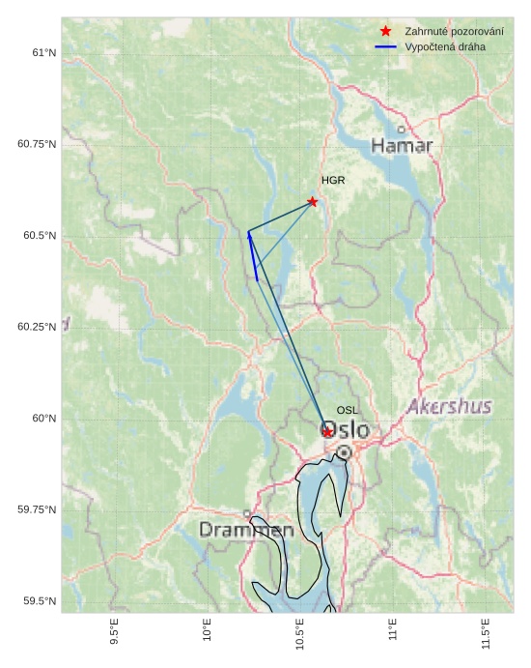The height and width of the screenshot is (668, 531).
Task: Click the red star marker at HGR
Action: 312,201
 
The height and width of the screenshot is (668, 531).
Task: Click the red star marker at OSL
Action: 328,431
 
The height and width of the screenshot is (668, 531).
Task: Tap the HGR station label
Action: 333,181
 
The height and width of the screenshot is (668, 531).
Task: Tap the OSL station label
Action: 348,411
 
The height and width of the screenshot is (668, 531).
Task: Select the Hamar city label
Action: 402,146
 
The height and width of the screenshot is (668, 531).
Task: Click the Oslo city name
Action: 345,429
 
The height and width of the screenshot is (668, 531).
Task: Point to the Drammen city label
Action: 246,531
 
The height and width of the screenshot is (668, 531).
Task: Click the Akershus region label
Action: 449,407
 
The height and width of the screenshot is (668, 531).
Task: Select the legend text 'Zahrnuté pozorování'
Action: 454,32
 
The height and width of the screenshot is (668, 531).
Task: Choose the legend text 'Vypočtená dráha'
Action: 445,46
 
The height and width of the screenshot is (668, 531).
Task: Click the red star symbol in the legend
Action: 385,32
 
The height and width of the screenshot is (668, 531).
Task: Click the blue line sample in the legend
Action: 385,46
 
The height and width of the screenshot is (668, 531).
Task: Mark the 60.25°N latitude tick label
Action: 37,327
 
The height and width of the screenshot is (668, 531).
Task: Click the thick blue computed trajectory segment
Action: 252,256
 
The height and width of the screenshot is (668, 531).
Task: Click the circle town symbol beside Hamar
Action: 402,130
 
